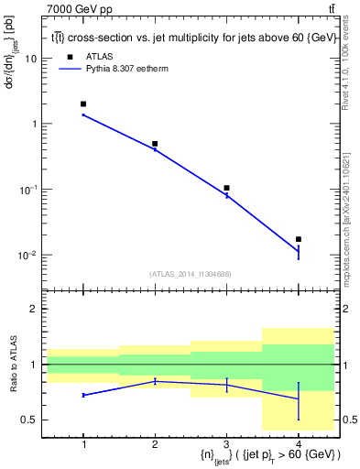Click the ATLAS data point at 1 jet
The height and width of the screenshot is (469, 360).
(x=83, y=104)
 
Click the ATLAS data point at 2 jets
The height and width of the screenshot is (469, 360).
(x=155, y=144)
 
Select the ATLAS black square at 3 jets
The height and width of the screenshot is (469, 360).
(x=226, y=188)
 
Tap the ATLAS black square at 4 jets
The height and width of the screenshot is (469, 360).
(x=298, y=239)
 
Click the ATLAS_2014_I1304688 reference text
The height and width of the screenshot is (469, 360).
(x=191, y=274)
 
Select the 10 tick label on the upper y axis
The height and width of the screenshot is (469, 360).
(x=31, y=58)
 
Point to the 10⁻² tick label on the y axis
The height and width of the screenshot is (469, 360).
(x=28, y=255)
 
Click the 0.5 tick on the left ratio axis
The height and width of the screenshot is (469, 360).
(x=29, y=420)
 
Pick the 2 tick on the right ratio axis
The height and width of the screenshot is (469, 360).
(x=344, y=310)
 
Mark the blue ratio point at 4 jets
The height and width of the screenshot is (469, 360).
(x=298, y=398)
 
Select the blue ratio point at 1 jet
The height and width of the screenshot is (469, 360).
(x=83, y=395)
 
